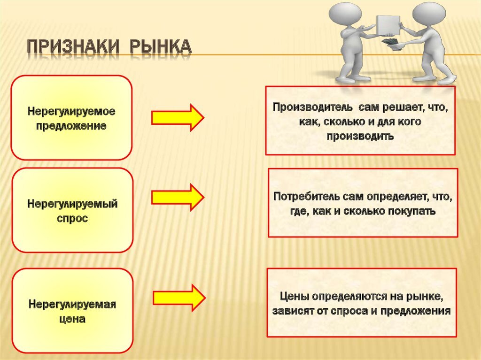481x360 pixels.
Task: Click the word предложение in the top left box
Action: pyautogui.click(x=71, y=127)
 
